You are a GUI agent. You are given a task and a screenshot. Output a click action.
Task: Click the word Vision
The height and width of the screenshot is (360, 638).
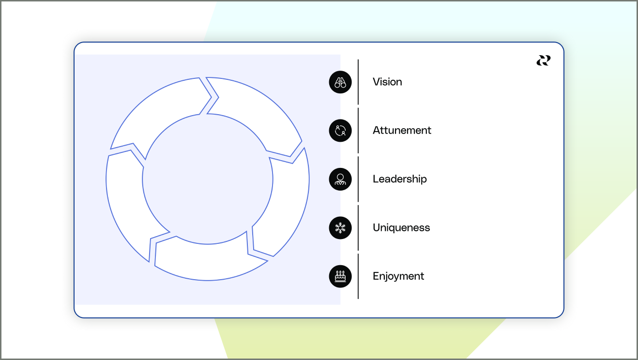pyautogui.click(x=387, y=82)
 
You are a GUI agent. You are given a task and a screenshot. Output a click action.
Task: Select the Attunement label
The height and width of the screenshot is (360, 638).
pyautogui.click(x=402, y=130)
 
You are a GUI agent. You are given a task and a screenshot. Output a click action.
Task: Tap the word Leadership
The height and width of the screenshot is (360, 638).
pyautogui.click(x=399, y=179)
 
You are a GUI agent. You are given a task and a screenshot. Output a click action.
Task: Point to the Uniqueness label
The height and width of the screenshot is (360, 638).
pyautogui.click(x=401, y=227)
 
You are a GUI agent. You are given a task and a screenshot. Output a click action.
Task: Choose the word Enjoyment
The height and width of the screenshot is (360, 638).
pyautogui.click(x=398, y=276)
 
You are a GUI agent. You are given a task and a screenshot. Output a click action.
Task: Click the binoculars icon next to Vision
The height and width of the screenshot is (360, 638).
pyautogui.click(x=340, y=82)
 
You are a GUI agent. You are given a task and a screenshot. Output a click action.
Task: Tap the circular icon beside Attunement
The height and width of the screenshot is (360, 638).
pyautogui.click(x=340, y=130)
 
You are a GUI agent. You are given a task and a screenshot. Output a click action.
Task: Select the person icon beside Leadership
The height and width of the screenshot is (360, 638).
pyautogui.click(x=340, y=179)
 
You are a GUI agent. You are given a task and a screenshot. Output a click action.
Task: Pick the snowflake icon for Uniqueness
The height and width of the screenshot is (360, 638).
pyautogui.click(x=340, y=227)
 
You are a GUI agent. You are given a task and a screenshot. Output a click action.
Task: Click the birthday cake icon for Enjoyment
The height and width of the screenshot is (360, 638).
pyautogui.click(x=340, y=276)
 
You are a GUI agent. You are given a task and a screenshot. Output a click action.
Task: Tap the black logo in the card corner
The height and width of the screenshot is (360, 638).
pyautogui.click(x=543, y=60)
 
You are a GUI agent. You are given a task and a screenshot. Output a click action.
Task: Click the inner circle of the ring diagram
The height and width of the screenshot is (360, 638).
pyautogui.click(x=208, y=179)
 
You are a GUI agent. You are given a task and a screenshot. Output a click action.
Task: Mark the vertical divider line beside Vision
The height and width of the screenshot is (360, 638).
pyautogui.click(x=358, y=82)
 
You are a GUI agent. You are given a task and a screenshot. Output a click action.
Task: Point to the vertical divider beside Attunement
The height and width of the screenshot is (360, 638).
pyautogui.click(x=358, y=130)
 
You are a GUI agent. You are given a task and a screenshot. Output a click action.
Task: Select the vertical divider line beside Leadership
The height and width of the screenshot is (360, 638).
pyautogui.click(x=358, y=179)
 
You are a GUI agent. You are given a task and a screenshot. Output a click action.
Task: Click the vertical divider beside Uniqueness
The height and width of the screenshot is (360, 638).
pyautogui.click(x=358, y=227)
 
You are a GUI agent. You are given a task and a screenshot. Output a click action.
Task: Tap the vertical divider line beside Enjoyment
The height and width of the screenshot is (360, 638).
pyautogui.click(x=358, y=276)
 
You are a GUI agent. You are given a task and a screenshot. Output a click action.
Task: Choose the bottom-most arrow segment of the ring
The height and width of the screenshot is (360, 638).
pyautogui.click(x=208, y=262)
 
